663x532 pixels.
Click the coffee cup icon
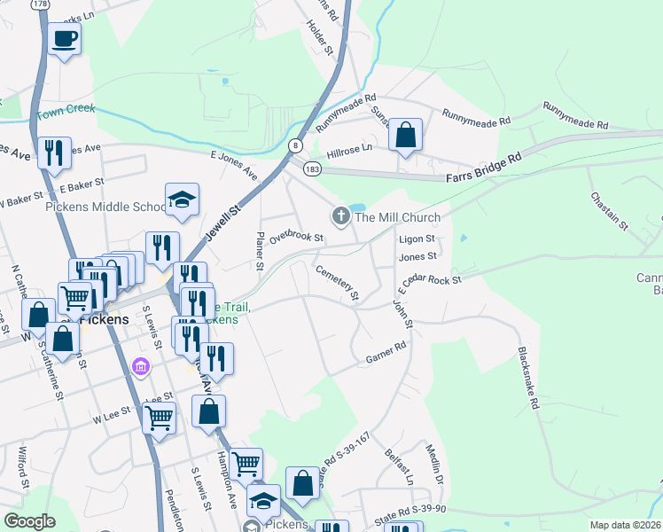[x=65, y=39]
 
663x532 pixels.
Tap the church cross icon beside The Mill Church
[x=340, y=215]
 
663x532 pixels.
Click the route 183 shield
[x=312, y=168]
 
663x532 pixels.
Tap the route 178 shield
[x=40, y=4]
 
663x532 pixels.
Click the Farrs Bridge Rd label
[x=484, y=169]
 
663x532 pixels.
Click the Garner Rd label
[x=385, y=354]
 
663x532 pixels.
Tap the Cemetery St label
[x=337, y=281]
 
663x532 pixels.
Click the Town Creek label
[x=65, y=114]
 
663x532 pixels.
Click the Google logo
[x=29, y=521]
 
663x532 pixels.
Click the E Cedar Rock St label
[x=430, y=284]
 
